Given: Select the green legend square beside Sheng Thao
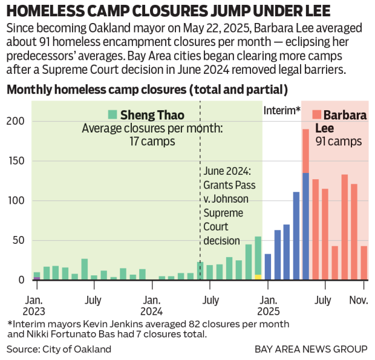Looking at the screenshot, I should tap(112, 114).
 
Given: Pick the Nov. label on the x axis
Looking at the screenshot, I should tap(358, 299).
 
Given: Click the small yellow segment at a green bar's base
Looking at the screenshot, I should tap(258, 277).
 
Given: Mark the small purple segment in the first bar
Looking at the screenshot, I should tap(37, 278).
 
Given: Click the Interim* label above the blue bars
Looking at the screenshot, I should tap(282, 110).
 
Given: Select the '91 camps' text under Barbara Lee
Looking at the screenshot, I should tap(339, 142).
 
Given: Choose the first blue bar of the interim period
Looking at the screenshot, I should tap(268, 267).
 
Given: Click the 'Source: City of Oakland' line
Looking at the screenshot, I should tap(59, 349).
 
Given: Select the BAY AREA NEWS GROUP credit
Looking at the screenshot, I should tap(311, 349).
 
